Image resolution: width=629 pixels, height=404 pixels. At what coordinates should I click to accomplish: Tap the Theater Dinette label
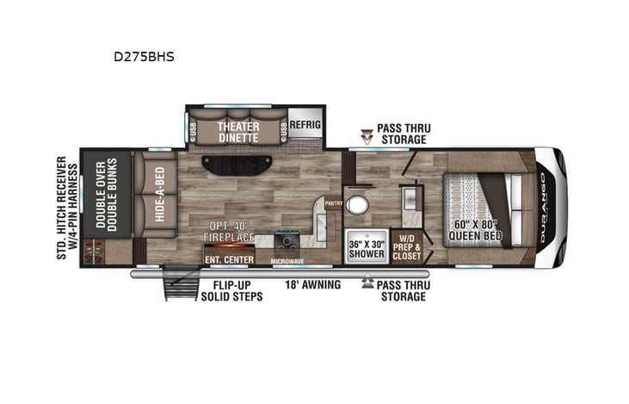[238, 130]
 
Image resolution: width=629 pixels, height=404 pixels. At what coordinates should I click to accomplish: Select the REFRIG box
[304, 123]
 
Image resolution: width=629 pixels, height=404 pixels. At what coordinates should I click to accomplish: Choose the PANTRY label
[334, 203]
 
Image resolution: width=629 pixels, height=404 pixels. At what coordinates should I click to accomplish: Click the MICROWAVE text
[287, 260]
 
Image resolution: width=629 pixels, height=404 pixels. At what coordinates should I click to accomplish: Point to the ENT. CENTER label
[229, 258]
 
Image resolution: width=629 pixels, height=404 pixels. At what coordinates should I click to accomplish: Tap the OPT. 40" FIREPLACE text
[227, 232]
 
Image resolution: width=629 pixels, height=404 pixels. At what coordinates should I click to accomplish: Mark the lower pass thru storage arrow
[367, 282]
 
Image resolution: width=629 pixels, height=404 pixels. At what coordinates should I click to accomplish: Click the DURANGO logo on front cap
[544, 206]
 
